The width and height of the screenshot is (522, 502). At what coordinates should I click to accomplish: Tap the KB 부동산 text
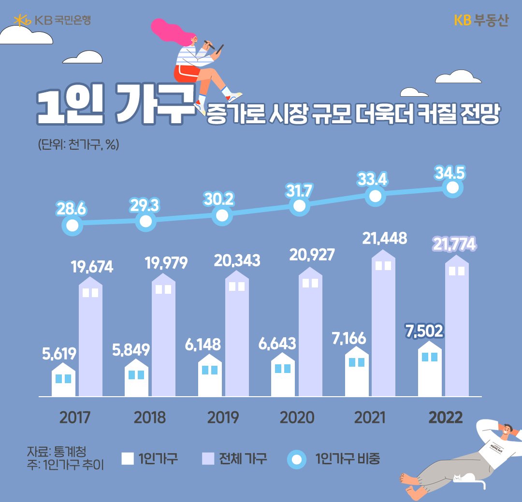coord(481,21)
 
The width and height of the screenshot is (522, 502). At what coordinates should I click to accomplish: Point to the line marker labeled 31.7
coord(299,206)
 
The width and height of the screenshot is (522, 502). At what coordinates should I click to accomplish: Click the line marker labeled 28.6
coord(72,225)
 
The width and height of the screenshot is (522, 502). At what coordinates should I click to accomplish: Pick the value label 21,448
coord(385,238)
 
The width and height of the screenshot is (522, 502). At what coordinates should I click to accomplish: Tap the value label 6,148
coord(203,344)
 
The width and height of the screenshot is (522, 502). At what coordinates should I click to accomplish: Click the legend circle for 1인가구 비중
coord(296,459)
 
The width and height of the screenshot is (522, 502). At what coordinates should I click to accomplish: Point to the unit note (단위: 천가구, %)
coord(78,144)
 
